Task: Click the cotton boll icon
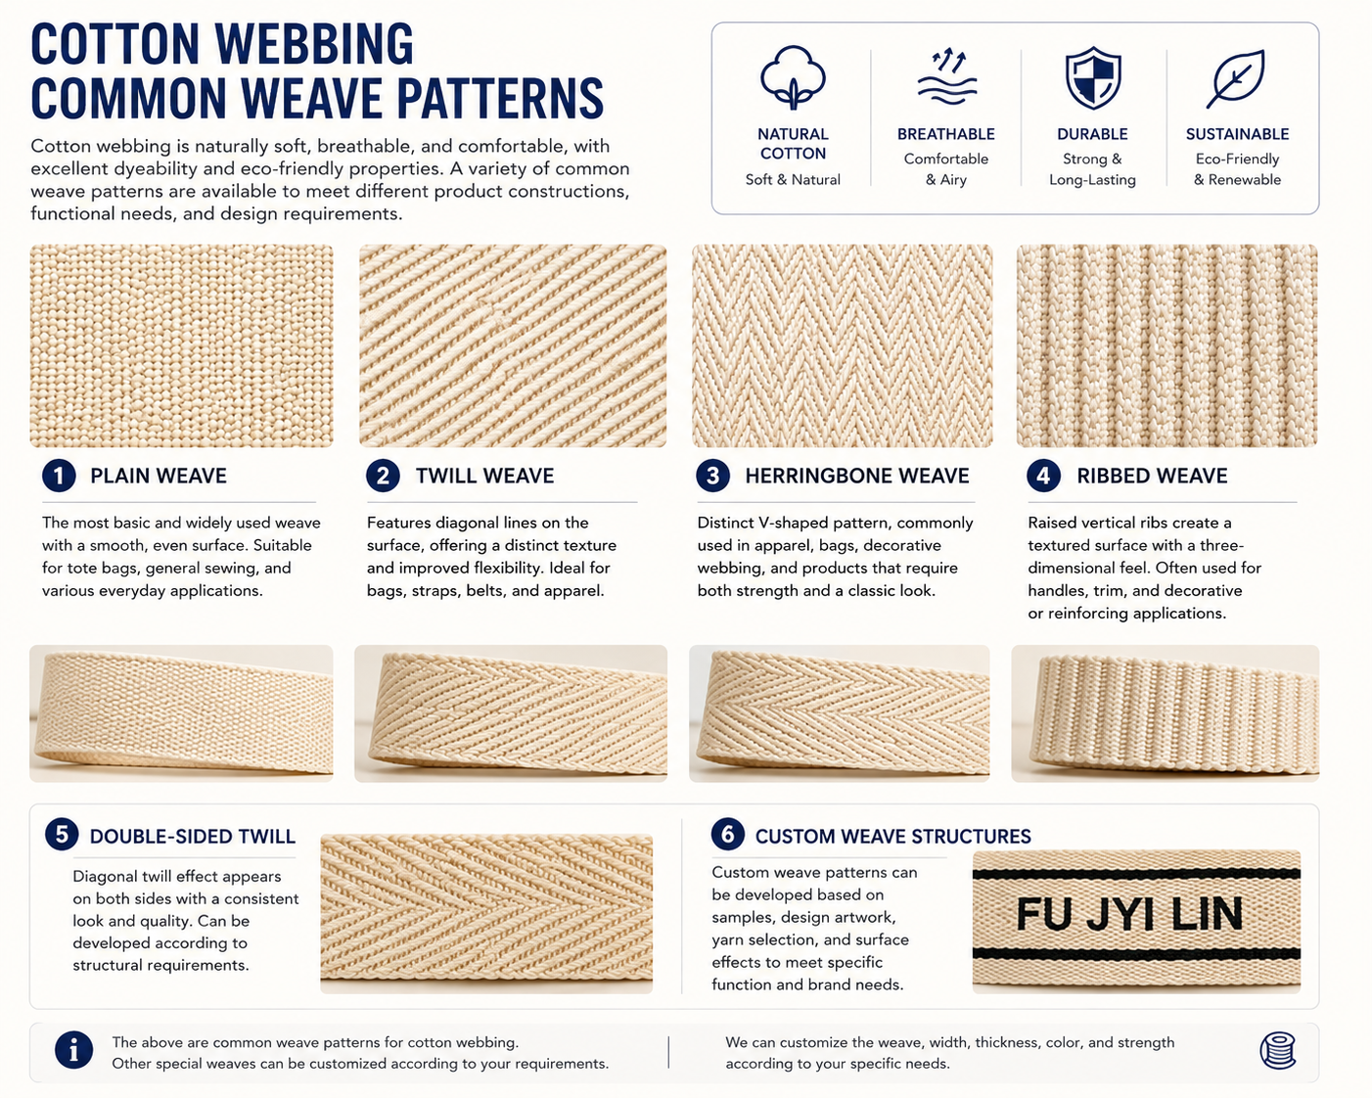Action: tap(793, 77)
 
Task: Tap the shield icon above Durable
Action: tap(1093, 77)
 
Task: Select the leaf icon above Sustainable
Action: tap(1236, 78)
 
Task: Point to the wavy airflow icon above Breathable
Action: tap(946, 76)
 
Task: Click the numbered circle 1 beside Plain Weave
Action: tap(60, 476)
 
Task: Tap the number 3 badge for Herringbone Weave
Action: tap(712, 476)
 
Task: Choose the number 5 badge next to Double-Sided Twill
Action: tap(62, 835)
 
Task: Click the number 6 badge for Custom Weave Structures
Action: tap(728, 834)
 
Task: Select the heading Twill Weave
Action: tap(484, 476)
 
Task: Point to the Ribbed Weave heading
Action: tap(1152, 476)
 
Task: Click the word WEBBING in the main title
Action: tap(314, 44)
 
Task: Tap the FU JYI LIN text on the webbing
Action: tap(1129, 914)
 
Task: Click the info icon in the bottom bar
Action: tap(74, 1050)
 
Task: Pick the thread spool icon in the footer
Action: tap(1278, 1050)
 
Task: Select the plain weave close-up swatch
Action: tap(181, 345)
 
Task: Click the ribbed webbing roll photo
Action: tap(1165, 713)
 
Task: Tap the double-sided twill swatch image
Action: tap(486, 914)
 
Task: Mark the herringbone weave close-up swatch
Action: tap(843, 345)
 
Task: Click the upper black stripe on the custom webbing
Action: tap(1136, 874)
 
